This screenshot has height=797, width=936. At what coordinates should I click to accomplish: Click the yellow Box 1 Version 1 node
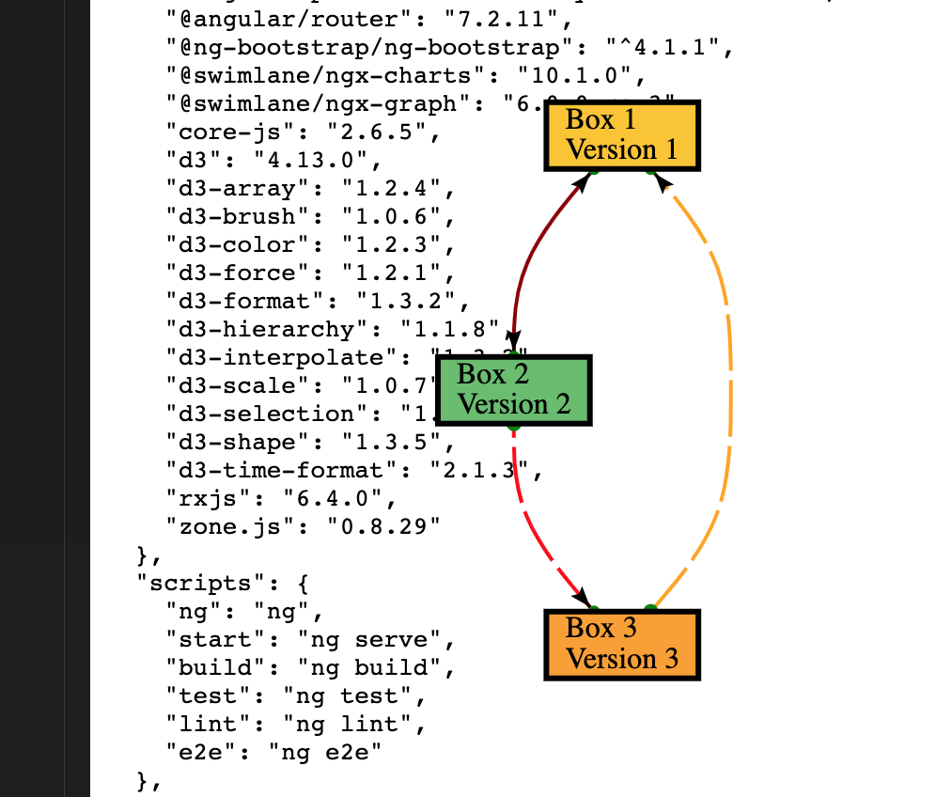tap(622, 136)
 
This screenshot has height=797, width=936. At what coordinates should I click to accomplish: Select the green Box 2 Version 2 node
tap(513, 390)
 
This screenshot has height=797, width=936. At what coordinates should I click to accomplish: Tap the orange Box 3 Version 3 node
tap(622, 645)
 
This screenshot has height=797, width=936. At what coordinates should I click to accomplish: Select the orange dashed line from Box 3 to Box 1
tap(726, 395)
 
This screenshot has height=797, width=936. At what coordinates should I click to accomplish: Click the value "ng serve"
tap(370, 639)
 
